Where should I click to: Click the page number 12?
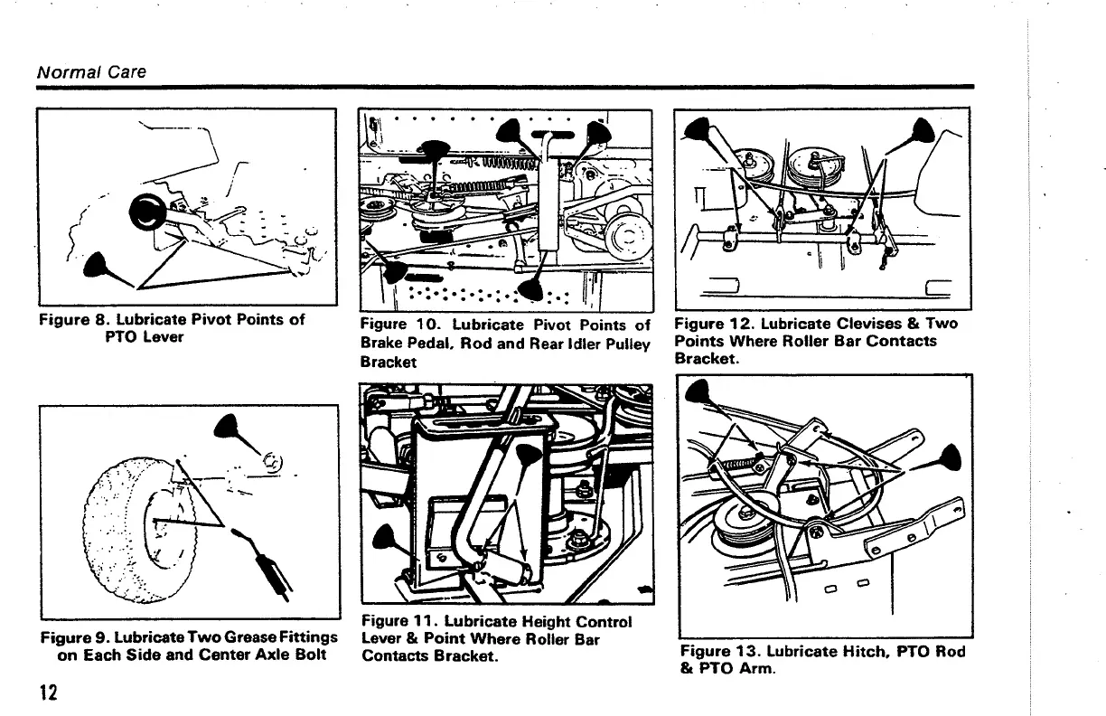tap(47, 692)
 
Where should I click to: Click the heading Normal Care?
tap(90, 71)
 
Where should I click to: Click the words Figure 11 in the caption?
tap(395, 622)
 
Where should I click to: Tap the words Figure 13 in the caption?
tap(717, 652)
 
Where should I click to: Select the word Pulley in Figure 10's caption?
tap(625, 344)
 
